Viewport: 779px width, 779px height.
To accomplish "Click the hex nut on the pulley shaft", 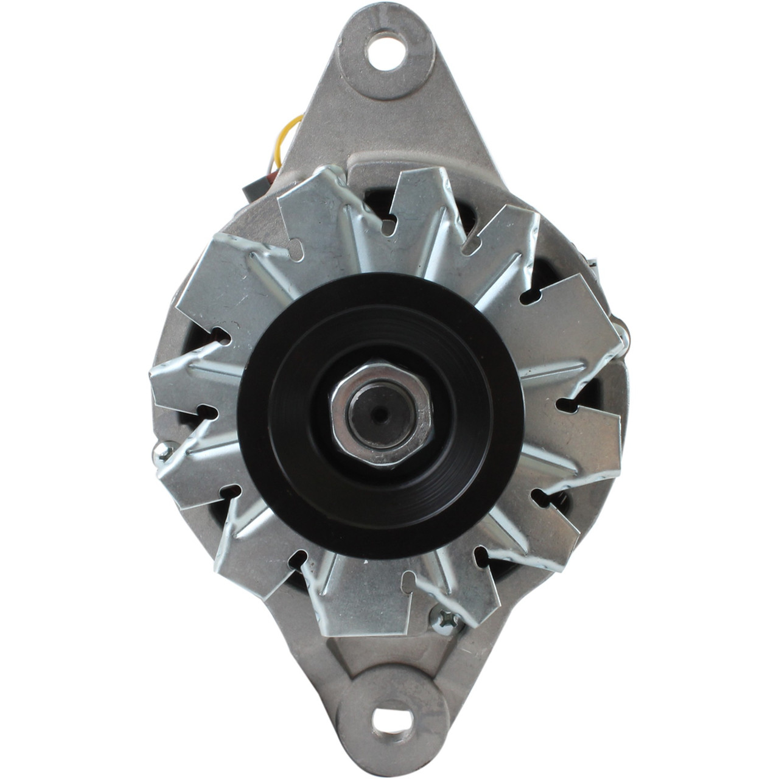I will click(x=382, y=415).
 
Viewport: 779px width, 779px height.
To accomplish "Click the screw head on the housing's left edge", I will click(x=159, y=452).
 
